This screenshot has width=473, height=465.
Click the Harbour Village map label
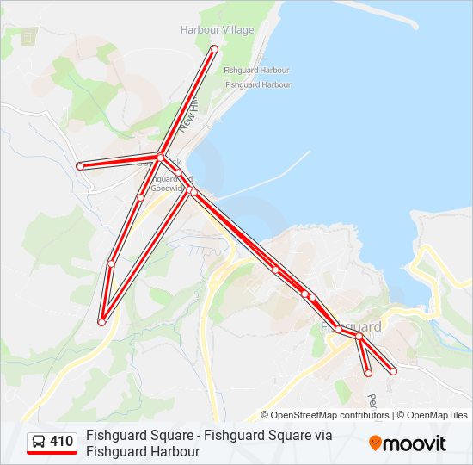pyautogui.click(x=217, y=30)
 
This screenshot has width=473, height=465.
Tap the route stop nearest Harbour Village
pyautogui.click(x=214, y=48)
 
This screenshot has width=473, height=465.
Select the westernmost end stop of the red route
pyautogui.click(x=79, y=165)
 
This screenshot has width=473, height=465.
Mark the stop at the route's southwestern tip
pyautogui.click(x=101, y=322)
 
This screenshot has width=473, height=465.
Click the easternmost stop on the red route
pyautogui.click(x=393, y=371)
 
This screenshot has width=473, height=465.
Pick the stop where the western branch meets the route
pyautogui.click(x=161, y=156)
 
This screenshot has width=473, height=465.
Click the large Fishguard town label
pyautogui.click(x=351, y=327)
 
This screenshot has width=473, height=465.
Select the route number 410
pyautogui.click(x=62, y=442)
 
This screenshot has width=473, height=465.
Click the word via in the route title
pyautogui.click(x=322, y=436)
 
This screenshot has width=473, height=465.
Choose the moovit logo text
pyautogui.click(x=415, y=443)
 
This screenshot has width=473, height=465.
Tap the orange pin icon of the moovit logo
pyautogui.click(x=375, y=443)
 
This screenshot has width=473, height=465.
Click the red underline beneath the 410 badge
pyautogui.click(x=52, y=453)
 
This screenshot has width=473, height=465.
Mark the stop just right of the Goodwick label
pyautogui.click(x=193, y=192)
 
